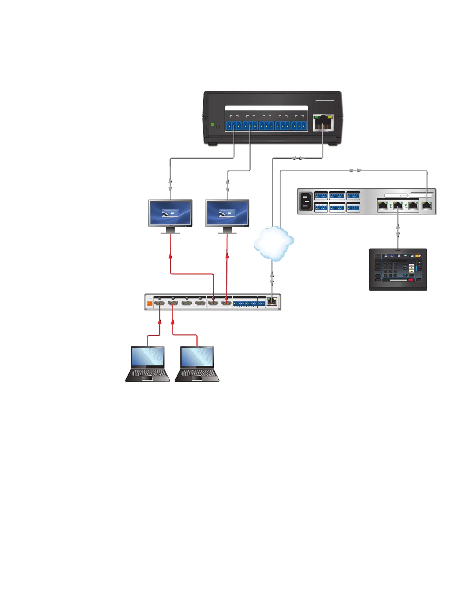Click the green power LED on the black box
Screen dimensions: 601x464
point(212,124)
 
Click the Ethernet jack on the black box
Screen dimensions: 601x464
point(323,123)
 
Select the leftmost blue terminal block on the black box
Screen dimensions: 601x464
point(233,126)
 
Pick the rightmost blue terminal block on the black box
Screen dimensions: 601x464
point(299,126)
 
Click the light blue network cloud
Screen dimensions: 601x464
point(274,243)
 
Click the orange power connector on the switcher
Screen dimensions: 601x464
point(150,303)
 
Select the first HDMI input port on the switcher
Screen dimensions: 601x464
point(159,303)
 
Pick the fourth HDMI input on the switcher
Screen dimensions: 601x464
point(200,303)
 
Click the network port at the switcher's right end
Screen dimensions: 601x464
point(272,302)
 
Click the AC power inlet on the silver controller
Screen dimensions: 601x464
point(306,201)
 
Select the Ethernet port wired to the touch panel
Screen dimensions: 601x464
point(398,206)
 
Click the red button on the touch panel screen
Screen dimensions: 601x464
point(411,280)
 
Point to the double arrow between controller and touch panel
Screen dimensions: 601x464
point(398,230)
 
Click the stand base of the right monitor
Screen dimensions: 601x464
point(227,233)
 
